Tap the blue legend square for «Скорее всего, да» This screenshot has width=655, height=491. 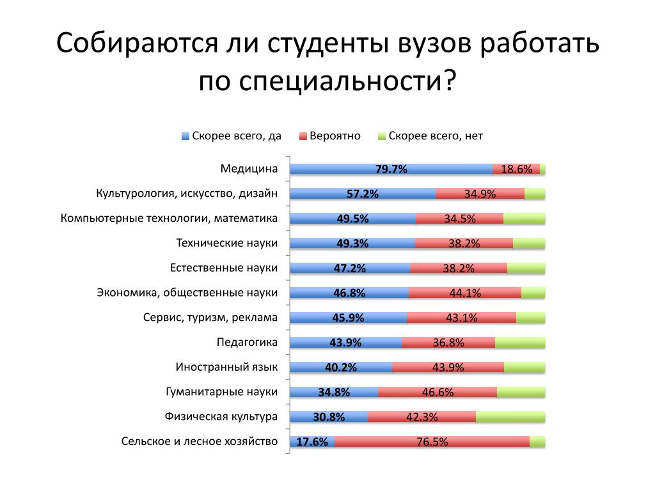(186, 136)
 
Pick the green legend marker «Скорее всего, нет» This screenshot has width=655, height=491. (383, 136)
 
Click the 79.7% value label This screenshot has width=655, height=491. (391, 169)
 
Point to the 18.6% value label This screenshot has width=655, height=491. (516, 169)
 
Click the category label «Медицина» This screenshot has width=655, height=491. (249, 169)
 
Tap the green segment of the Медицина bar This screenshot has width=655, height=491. (542, 169)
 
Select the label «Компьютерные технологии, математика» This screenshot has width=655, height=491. (169, 219)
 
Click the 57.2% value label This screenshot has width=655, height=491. (363, 194)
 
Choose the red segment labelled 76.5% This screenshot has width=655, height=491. (432, 441)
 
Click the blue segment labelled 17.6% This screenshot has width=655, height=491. (312, 441)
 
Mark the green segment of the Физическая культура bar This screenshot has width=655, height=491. (510, 417)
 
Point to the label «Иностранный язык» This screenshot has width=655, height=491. (226, 367)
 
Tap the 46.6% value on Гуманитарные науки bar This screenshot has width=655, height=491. (438, 392)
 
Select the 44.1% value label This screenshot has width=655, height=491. (465, 293)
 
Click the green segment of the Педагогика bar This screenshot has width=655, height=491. (520, 343)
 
